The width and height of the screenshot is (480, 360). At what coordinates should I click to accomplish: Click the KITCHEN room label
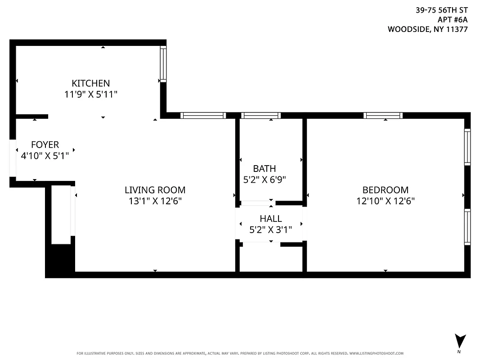coord(90,83)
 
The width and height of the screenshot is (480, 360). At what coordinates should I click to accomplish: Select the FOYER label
coord(45,144)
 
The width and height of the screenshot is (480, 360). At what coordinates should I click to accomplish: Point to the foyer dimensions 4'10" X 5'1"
coord(45,156)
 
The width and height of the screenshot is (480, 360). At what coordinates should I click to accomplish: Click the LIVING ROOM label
coord(155,190)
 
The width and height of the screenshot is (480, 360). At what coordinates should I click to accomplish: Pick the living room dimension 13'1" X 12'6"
coord(155,201)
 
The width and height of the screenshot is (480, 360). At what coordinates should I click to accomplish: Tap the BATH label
coord(265,169)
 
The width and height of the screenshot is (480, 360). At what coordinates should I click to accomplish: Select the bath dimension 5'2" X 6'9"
coord(265,179)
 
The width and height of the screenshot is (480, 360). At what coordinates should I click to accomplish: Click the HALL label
coord(271,219)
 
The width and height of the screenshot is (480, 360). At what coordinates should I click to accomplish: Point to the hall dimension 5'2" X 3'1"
coord(271,229)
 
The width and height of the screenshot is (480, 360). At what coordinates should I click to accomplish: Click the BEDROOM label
coord(386,190)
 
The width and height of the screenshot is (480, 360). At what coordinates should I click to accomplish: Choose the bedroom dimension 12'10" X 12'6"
coord(386,201)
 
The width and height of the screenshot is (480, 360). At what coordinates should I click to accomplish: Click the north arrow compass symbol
coord(460,341)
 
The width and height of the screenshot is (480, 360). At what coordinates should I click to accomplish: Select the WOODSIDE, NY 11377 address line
coord(427,29)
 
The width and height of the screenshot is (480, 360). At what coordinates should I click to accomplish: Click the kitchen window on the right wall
coord(163,63)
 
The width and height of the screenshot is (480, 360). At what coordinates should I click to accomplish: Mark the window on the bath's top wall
coord(261,116)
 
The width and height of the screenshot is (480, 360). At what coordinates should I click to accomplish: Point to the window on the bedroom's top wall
coord(383,116)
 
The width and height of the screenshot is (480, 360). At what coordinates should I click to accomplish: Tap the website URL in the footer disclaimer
coord(376,354)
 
